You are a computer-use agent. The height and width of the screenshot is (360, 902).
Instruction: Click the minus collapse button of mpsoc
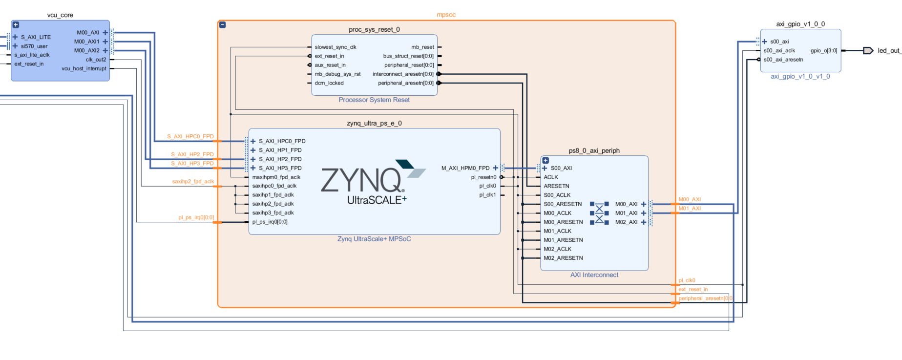(x=223, y=25)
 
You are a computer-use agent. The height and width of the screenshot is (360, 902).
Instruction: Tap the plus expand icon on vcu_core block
(x=16, y=25)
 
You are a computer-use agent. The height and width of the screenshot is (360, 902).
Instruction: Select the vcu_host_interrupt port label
(x=84, y=69)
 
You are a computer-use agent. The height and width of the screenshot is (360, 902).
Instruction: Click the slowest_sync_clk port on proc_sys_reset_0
(x=335, y=47)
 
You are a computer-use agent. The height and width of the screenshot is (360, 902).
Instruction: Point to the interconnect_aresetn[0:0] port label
(x=403, y=74)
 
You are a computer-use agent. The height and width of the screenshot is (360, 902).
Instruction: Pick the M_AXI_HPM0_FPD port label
(x=465, y=168)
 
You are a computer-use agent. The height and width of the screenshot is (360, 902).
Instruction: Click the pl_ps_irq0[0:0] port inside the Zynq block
(x=270, y=222)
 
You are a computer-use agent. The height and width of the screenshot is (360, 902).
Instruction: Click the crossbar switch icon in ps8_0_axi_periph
(x=599, y=213)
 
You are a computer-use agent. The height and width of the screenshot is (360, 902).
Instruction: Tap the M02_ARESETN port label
(x=563, y=258)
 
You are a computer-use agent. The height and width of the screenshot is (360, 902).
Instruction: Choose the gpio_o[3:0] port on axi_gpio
(x=823, y=51)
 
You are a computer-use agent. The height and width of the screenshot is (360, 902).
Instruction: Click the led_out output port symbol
(x=868, y=51)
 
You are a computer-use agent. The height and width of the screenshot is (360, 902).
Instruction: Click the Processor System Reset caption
(x=374, y=100)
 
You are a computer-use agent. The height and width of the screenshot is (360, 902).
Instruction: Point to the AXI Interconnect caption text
(x=594, y=275)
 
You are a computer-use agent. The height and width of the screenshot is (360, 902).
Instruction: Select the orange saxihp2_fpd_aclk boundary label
(x=193, y=182)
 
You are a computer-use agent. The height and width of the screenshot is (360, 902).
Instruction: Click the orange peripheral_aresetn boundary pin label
(x=705, y=298)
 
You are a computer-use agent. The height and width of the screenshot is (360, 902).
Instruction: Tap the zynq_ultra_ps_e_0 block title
(x=374, y=124)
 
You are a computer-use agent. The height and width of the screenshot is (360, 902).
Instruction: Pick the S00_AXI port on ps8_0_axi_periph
(x=561, y=168)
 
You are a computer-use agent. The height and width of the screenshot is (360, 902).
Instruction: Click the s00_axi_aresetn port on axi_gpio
(x=783, y=60)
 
